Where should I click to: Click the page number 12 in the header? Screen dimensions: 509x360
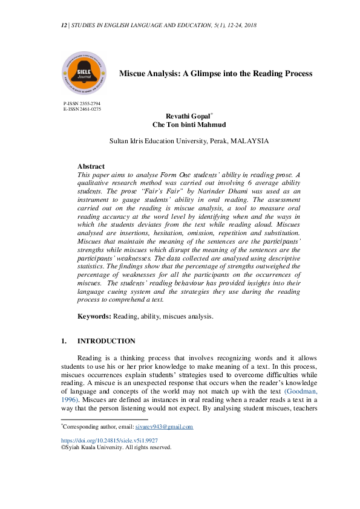click(64, 26)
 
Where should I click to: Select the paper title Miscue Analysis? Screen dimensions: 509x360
click(215, 73)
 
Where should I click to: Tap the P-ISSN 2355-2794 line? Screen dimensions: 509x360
click(82, 104)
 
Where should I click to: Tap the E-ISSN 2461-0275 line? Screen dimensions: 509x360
click(82, 109)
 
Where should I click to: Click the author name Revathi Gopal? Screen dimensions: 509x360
click(188, 116)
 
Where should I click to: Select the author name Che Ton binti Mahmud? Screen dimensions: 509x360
click(189, 125)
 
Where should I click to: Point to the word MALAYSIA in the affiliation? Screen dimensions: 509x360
click(249, 141)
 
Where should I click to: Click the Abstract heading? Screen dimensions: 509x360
click(91, 166)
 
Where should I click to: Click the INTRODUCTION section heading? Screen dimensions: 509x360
click(106, 341)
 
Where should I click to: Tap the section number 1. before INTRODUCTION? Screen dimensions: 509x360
click(64, 341)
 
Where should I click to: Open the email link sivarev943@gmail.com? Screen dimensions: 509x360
click(164, 427)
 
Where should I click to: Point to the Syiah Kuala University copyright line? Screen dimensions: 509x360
click(117, 448)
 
